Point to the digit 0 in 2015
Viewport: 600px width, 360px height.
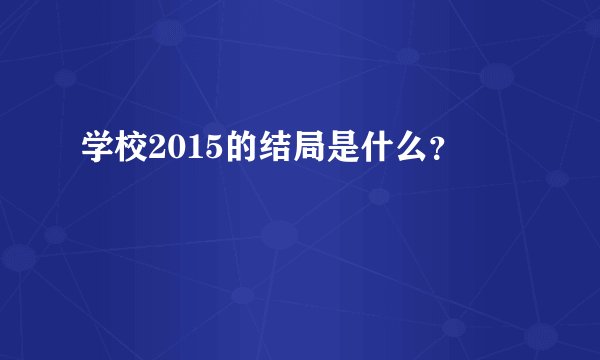(x=173, y=149)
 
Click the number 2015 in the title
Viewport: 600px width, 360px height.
(x=182, y=149)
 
